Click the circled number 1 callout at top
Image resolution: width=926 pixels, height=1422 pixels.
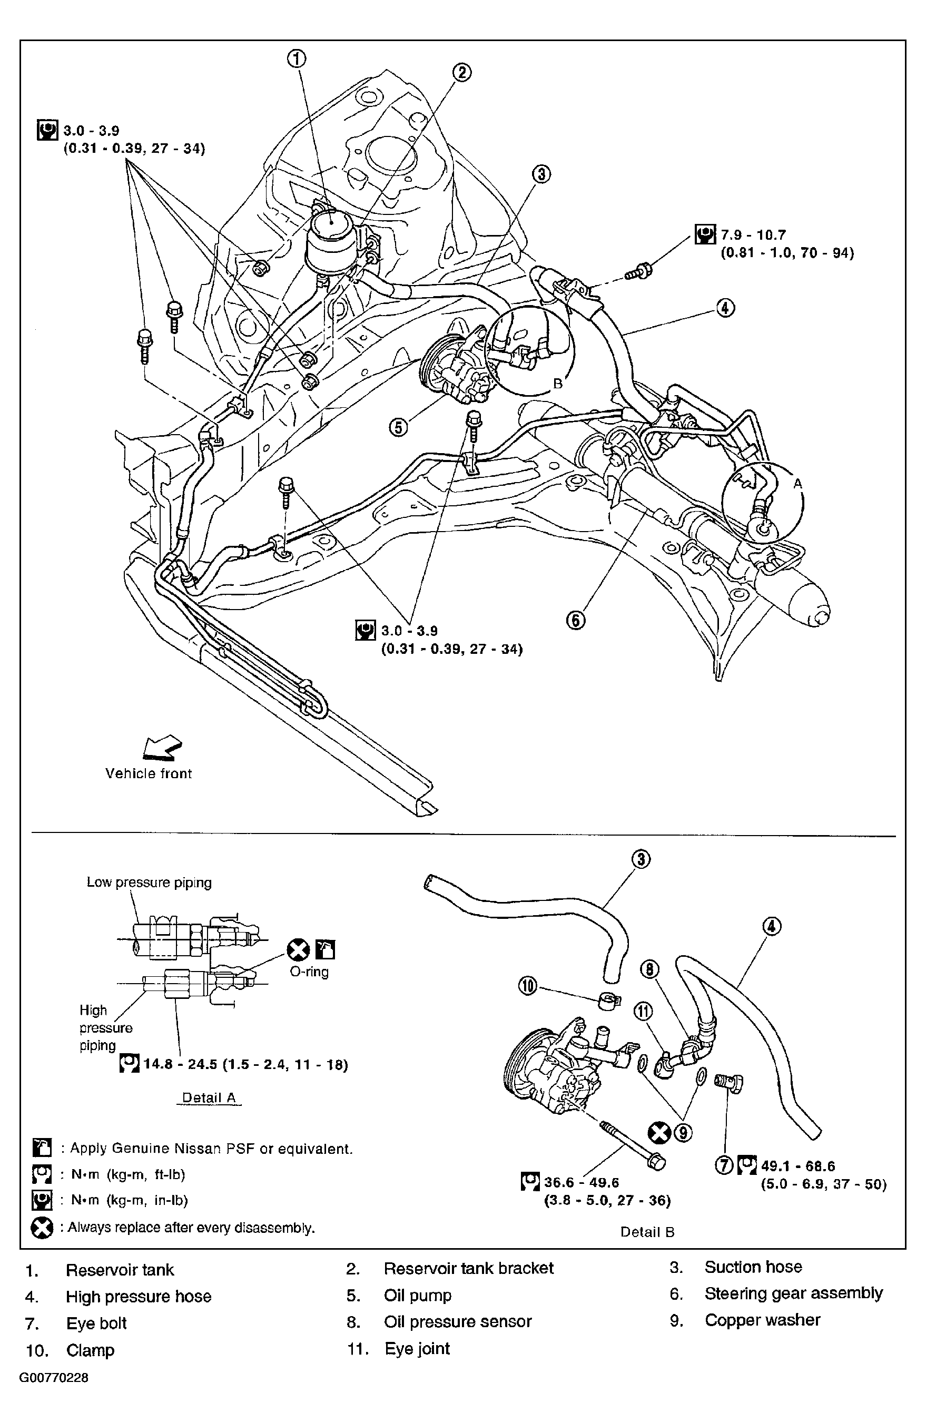coord(297,58)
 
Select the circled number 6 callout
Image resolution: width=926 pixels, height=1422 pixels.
coord(576,620)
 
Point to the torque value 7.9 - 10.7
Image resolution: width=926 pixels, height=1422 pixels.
coord(753,235)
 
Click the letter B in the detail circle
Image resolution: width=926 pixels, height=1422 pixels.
coord(557,384)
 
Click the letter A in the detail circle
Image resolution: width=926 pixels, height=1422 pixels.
coord(797,484)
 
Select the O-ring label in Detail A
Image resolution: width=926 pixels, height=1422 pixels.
coord(309,972)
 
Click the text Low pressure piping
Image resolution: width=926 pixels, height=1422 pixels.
coord(149,882)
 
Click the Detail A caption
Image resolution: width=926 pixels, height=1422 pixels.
coord(209,1097)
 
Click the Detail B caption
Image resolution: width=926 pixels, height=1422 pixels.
coord(647,1231)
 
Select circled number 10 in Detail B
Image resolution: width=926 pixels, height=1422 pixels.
coord(528,986)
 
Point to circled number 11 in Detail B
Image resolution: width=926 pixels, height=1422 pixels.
coord(643,1012)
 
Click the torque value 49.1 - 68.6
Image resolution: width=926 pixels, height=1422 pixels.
coord(797,1165)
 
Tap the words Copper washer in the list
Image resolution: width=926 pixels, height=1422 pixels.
coord(762,1320)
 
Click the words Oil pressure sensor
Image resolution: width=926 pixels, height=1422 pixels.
coord(458,1321)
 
